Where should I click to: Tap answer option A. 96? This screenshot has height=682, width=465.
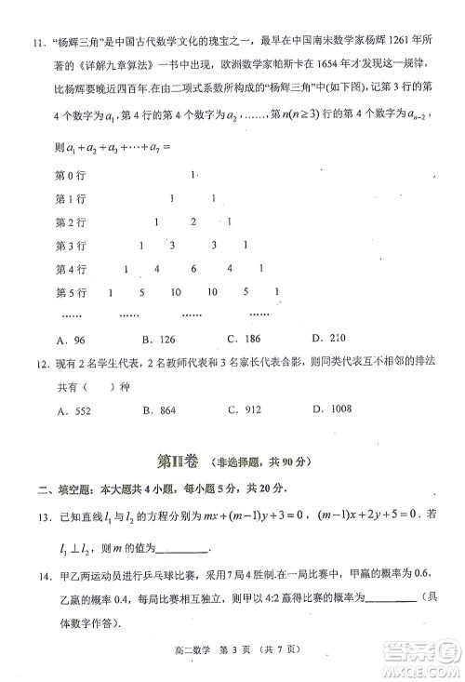point(72,340)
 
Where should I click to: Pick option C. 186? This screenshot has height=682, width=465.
point(245,339)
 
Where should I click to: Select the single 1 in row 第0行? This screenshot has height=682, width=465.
point(193,175)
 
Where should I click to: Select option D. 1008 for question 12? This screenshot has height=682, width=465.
point(331,409)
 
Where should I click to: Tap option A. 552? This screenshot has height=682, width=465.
point(72,409)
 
